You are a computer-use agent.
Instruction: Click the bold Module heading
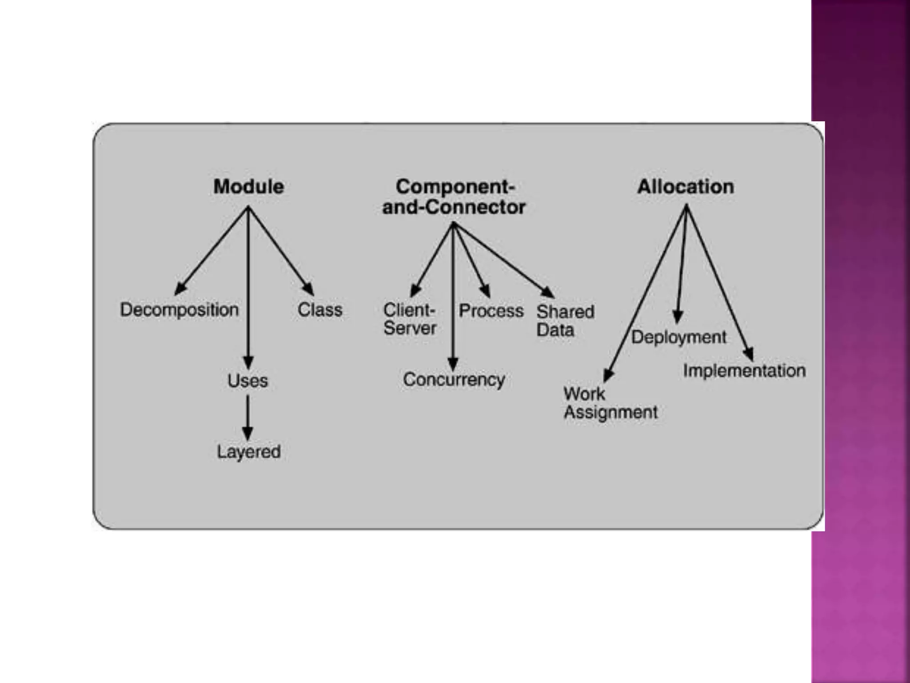pyautogui.click(x=248, y=187)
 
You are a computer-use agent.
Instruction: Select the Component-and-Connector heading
pyautogui.click(x=454, y=197)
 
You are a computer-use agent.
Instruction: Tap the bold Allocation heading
pyautogui.click(x=685, y=187)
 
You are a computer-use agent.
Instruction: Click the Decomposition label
pyautogui.click(x=179, y=309)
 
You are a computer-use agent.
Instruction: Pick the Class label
pyautogui.click(x=320, y=309)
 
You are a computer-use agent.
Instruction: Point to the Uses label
pyautogui.click(x=247, y=381)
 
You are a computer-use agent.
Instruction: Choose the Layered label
pyautogui.click(x=248, y=452)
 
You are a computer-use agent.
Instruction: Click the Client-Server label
pyautogui.click(x=410, y=319)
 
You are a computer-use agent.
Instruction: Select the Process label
pyautogui.click(x=491, y=311)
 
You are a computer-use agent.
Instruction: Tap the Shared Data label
pyautogui.click(x=565, y=321)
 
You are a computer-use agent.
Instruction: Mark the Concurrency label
pyautogui.click(x=454, y=379)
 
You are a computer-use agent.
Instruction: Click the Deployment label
pyautogui.click(x=679, y=337)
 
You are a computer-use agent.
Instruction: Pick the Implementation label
pyautogui.click(x=744, y=370)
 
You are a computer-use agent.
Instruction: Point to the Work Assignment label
pyautogui.click(x=610, y=403)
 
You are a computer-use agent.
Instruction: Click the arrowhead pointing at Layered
pyautogui.click(x=247, y=433)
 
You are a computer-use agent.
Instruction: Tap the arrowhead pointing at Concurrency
pyautogui.click(x=453, y=363)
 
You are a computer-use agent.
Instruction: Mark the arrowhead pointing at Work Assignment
pyautogui.click(x=608, y=375)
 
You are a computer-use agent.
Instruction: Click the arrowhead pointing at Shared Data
pyautogui.click(x=548, y=292)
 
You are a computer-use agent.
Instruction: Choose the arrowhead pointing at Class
pyautogui.click(x=309, y=289)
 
